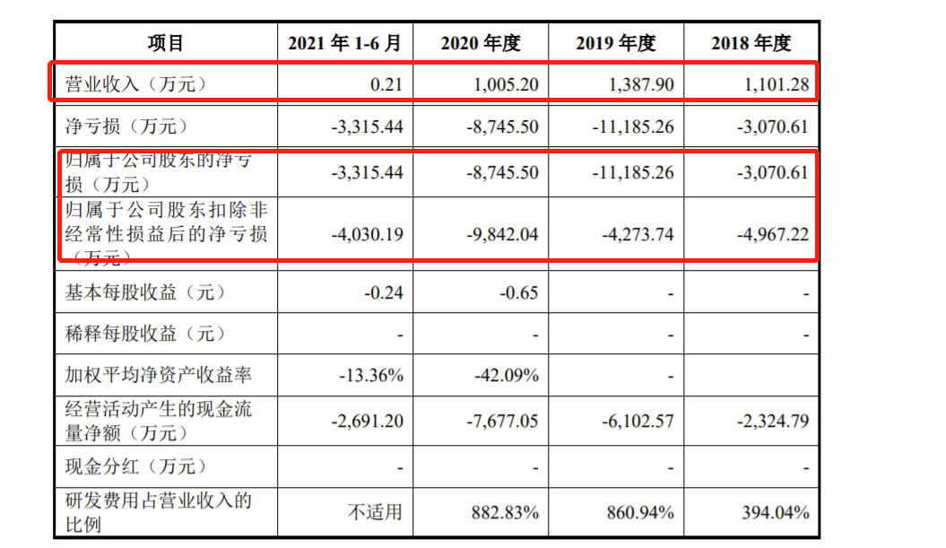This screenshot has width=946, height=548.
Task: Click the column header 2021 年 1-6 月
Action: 345,43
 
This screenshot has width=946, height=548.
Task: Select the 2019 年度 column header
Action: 616,43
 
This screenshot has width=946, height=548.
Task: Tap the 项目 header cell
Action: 166,43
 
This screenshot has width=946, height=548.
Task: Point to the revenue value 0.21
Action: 386,85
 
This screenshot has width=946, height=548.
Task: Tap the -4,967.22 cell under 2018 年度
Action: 773,234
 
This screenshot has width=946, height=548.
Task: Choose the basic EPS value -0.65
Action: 518,292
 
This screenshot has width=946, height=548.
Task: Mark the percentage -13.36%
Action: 371,375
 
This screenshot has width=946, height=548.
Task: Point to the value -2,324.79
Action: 773,421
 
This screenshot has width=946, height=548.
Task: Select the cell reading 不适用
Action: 376,512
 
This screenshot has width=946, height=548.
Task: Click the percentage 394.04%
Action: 777,512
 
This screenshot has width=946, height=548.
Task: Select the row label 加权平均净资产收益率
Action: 158,375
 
